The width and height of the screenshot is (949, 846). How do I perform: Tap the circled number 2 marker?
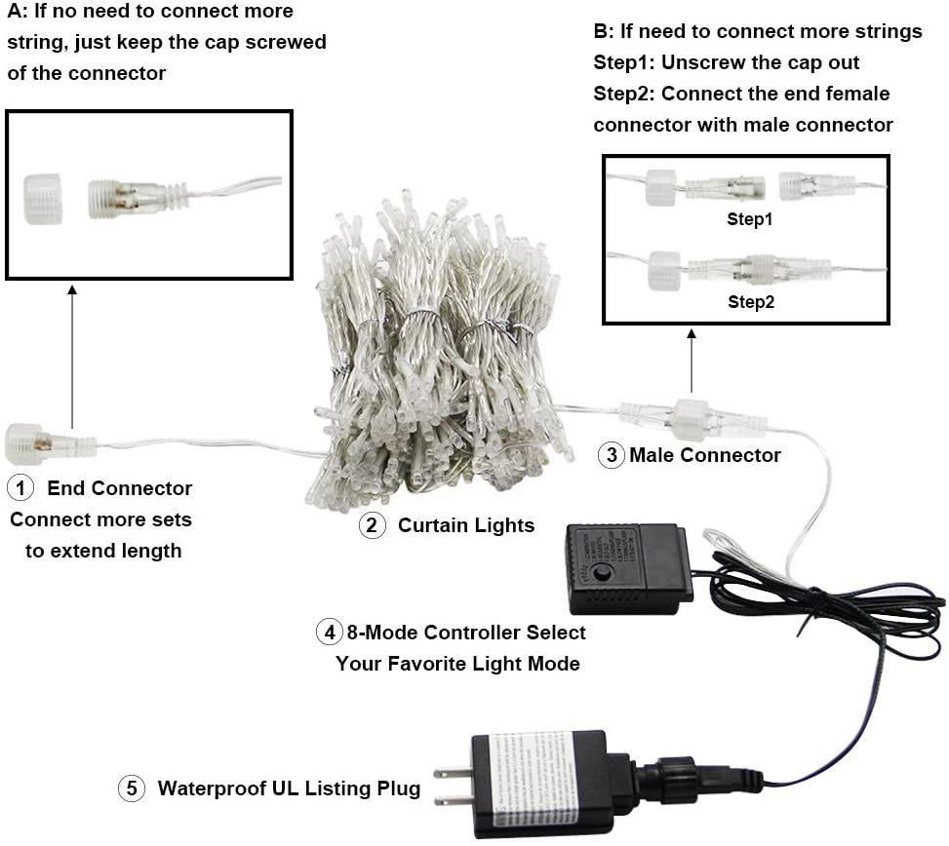coord(372,526)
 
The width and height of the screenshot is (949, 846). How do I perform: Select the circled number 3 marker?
coord(611,455)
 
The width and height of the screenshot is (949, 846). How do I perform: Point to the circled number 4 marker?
coord(330,632)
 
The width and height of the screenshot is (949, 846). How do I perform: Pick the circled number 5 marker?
coord(132,788)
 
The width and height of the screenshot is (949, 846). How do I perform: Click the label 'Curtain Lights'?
coord(465,526)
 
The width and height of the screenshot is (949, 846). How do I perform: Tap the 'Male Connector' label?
coord(704,455)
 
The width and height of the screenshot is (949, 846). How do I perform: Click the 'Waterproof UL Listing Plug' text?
coord(289,788)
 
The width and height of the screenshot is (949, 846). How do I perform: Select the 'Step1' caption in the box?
coord(749,219)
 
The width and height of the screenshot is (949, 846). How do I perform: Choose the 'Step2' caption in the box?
coord(749,302)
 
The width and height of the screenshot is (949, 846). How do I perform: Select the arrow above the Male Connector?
coord(692,361)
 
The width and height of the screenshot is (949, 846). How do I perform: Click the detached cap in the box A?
coord(43,199)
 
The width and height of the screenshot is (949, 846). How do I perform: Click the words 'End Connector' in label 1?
coord(119,487)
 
